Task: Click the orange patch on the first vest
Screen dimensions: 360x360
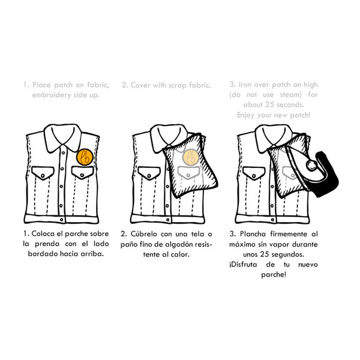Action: click(x=85, y=157)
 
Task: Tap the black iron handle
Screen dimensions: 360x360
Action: click(x=327, y=175)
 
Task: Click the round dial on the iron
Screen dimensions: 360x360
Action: click(x=311, y=165)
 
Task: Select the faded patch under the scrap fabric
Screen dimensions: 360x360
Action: click(x=190, y=157)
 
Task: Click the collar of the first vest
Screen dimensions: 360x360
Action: click(x=62, y=137)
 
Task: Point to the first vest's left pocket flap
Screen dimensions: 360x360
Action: click(x=43, y=173)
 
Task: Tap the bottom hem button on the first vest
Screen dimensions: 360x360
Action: click(x=62, y=220)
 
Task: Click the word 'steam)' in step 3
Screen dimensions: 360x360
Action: click(x=290, y=95)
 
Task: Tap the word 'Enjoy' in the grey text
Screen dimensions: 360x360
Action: click(x=245, y=115)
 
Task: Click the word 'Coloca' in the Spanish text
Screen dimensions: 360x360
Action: click(x=43, y=234)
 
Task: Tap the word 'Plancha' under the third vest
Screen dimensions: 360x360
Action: click(x=253, y=234)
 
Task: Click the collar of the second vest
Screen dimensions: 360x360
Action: click(x=169, y=137)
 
